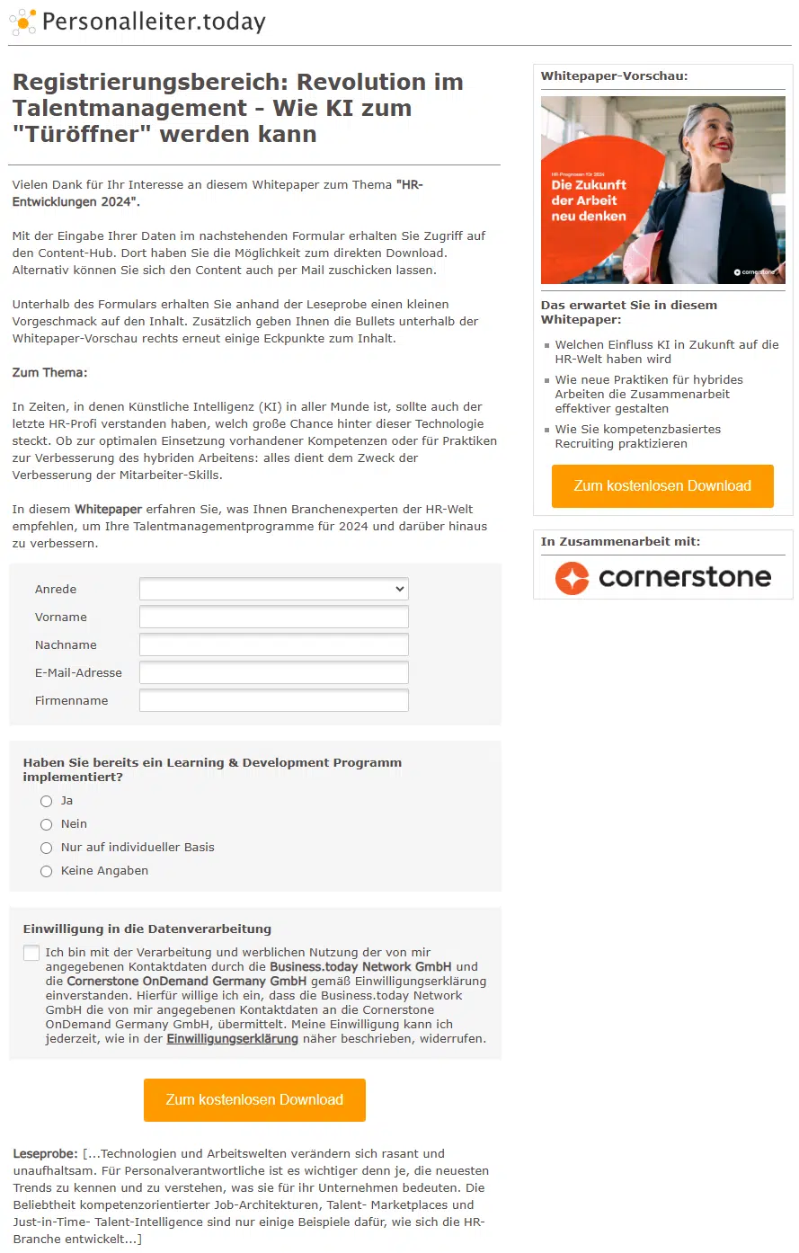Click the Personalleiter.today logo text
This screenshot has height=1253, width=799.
click(153, 22)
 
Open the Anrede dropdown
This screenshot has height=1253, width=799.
click(273, 589)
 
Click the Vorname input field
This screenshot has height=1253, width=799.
click(273, 617)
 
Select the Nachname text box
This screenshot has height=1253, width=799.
click(273, 644)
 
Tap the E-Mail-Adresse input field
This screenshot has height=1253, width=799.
click(273, 672)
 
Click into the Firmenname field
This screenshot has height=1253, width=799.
click(273, 700)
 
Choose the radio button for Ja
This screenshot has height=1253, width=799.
click(47, 801)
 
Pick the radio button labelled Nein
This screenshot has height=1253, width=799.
click(47, 824)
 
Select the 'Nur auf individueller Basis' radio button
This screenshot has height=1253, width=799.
click(47, 848)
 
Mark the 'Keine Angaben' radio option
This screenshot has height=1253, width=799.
click(47, 871)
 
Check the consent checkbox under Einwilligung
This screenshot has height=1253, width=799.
click(31, 953)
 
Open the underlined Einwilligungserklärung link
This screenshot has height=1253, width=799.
click(232, 1038)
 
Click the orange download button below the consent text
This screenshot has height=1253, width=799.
click(254, 1099)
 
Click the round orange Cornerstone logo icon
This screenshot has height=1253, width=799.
click(572, 577)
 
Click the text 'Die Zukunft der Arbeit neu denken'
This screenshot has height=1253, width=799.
click(589, 200)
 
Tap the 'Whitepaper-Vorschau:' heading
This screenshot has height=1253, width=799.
click(614, 76)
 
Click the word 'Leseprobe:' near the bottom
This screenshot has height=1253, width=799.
click(45, 1153)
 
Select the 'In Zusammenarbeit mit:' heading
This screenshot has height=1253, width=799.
click(620, 541)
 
